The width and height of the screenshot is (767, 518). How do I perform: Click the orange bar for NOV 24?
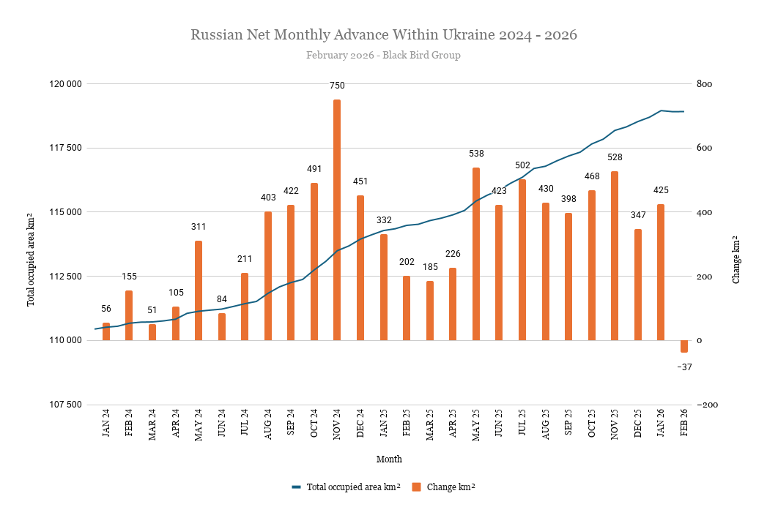pos(337,219)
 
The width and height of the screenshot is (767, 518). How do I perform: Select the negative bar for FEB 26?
pos(684,346)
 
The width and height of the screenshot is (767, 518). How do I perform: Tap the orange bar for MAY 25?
pos(476,254)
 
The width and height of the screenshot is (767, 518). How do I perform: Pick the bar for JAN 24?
pos(106,331)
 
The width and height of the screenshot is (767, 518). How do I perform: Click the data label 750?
pos(337,86)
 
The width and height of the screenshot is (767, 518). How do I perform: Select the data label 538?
pos(476,154)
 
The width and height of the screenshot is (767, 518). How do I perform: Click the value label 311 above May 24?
pos(199,227)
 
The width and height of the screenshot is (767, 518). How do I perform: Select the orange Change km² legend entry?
pos(448,487)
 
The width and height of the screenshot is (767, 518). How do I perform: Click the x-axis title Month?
pos(389,459)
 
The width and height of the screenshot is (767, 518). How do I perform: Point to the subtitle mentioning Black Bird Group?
pos(383,55)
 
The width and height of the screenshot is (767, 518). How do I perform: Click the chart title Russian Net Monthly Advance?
pos(383,34)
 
